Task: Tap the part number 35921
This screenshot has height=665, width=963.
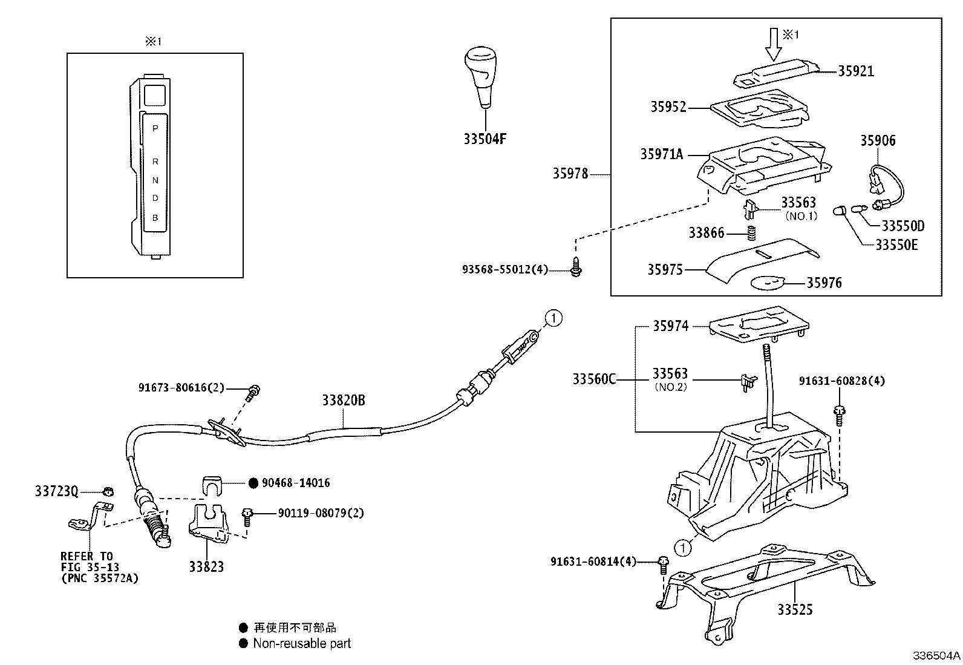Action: pyautogui.click(x=856, y=71)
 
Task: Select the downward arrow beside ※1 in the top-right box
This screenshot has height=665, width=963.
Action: pyautogui.click(x=774, y=45)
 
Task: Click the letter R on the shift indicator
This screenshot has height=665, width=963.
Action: pyautogui.click(x=155, y=162)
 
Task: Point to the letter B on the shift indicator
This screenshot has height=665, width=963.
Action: pyautogui.click(x=155, y=218)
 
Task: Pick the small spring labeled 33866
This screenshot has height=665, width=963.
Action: pyautogui.click(x=751, y=233)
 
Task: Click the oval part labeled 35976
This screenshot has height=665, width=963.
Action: pyautogui.click(x=768, y=283)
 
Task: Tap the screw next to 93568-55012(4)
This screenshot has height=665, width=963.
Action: pyautogui.click(x=576, y=267)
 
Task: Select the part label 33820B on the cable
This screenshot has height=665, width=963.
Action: pyautogui.click(x=344, y=401)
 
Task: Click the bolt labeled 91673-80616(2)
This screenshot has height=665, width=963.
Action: pyautogui.click(x=253, y=392)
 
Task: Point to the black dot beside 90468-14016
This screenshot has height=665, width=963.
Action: pyautogui.click(x=253, y=483)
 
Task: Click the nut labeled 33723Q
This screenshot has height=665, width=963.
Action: pyautogui.click(x=108, y=491)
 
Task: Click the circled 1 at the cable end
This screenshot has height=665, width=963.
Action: pyautogui.click(x=553, y=318)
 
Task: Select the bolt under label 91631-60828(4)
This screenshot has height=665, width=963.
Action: pyautogui.click(x=839, y=416)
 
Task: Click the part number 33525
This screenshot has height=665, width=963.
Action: pyautogui.click(x=795, y=609)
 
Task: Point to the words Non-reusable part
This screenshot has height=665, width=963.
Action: pyautogui.click(x=302, y=643)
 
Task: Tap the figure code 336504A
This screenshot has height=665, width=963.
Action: pyautogui.click(x=936, y=655)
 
